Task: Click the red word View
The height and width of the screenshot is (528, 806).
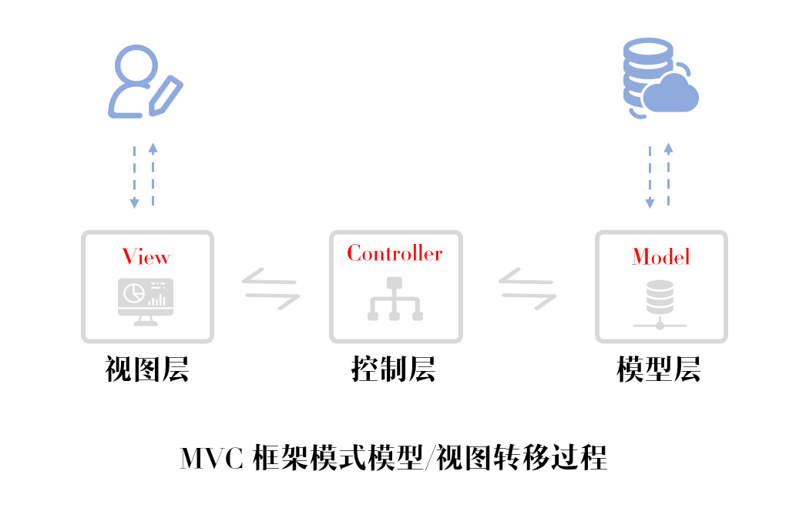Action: coord(146,256)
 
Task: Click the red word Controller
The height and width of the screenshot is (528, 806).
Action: coord(395,253)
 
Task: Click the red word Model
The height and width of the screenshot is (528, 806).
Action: coord(660,256)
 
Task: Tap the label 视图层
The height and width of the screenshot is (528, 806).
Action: coord(147,370)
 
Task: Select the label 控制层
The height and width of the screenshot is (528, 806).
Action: coord(394,370)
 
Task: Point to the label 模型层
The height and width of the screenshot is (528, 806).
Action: coord(659,370)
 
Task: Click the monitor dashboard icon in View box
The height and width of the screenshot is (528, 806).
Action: coord(146,301)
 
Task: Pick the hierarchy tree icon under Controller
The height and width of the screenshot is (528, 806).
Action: coord(395,296)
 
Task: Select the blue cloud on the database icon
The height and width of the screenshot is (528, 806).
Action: coord(671,95)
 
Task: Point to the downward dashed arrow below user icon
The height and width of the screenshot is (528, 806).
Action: coord(134,176)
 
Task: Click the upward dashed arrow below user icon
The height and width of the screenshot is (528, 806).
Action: coord(153,175)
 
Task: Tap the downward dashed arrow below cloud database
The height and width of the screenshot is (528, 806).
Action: coord(650,176)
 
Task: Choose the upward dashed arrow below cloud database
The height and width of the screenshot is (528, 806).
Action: coord(668,175)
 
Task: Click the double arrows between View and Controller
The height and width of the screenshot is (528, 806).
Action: coord(270,289)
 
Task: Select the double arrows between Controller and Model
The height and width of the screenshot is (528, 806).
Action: coord(528,289)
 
